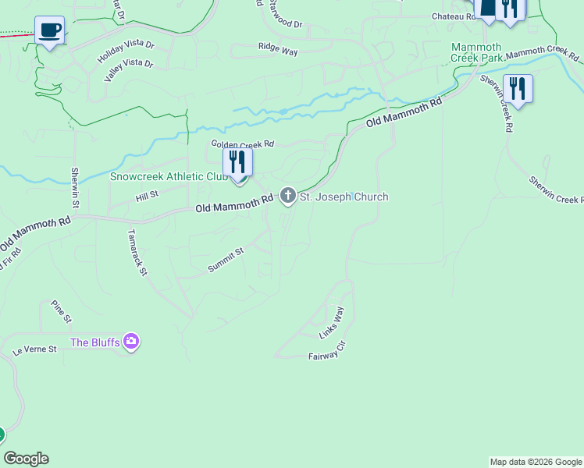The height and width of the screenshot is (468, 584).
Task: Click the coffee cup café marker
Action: tap(50, 30)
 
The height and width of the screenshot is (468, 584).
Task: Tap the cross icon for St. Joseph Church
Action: tap(288, 196)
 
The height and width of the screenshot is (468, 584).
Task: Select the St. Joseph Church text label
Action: tap(344, 197)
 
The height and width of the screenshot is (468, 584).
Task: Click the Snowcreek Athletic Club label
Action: tap(168, 176)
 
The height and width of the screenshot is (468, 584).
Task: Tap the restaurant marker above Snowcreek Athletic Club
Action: tap(237, 162)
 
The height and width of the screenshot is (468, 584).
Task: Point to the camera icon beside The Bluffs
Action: tap(131, 342)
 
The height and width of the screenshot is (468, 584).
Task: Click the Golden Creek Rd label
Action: tap(243, 144)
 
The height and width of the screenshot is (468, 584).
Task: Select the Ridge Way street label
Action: tap(279, 50)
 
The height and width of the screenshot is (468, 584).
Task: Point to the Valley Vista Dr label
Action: tap(129, 70)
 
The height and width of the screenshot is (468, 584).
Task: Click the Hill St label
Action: tap(148, 194)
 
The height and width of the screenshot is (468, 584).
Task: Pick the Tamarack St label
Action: tap(137, 251)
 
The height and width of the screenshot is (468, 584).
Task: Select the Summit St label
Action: tap(226, 261)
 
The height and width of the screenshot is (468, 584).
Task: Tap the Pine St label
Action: tap(61, 311)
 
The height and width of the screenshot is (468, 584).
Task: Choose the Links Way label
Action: tap(332, 323)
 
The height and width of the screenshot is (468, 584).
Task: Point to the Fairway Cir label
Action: tap(326, 353)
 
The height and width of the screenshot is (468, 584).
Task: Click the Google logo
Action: tap(26, 459)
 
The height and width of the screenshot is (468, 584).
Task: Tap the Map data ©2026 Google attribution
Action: tap(536, 462)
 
